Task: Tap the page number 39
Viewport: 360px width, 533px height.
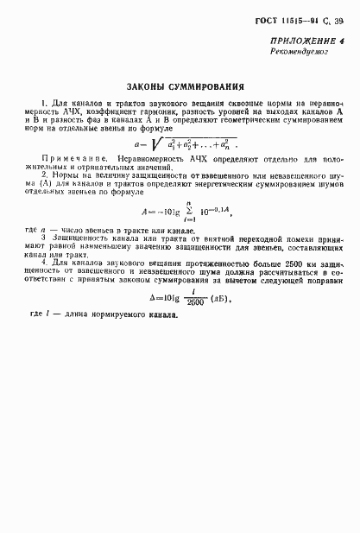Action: (338, 21)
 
